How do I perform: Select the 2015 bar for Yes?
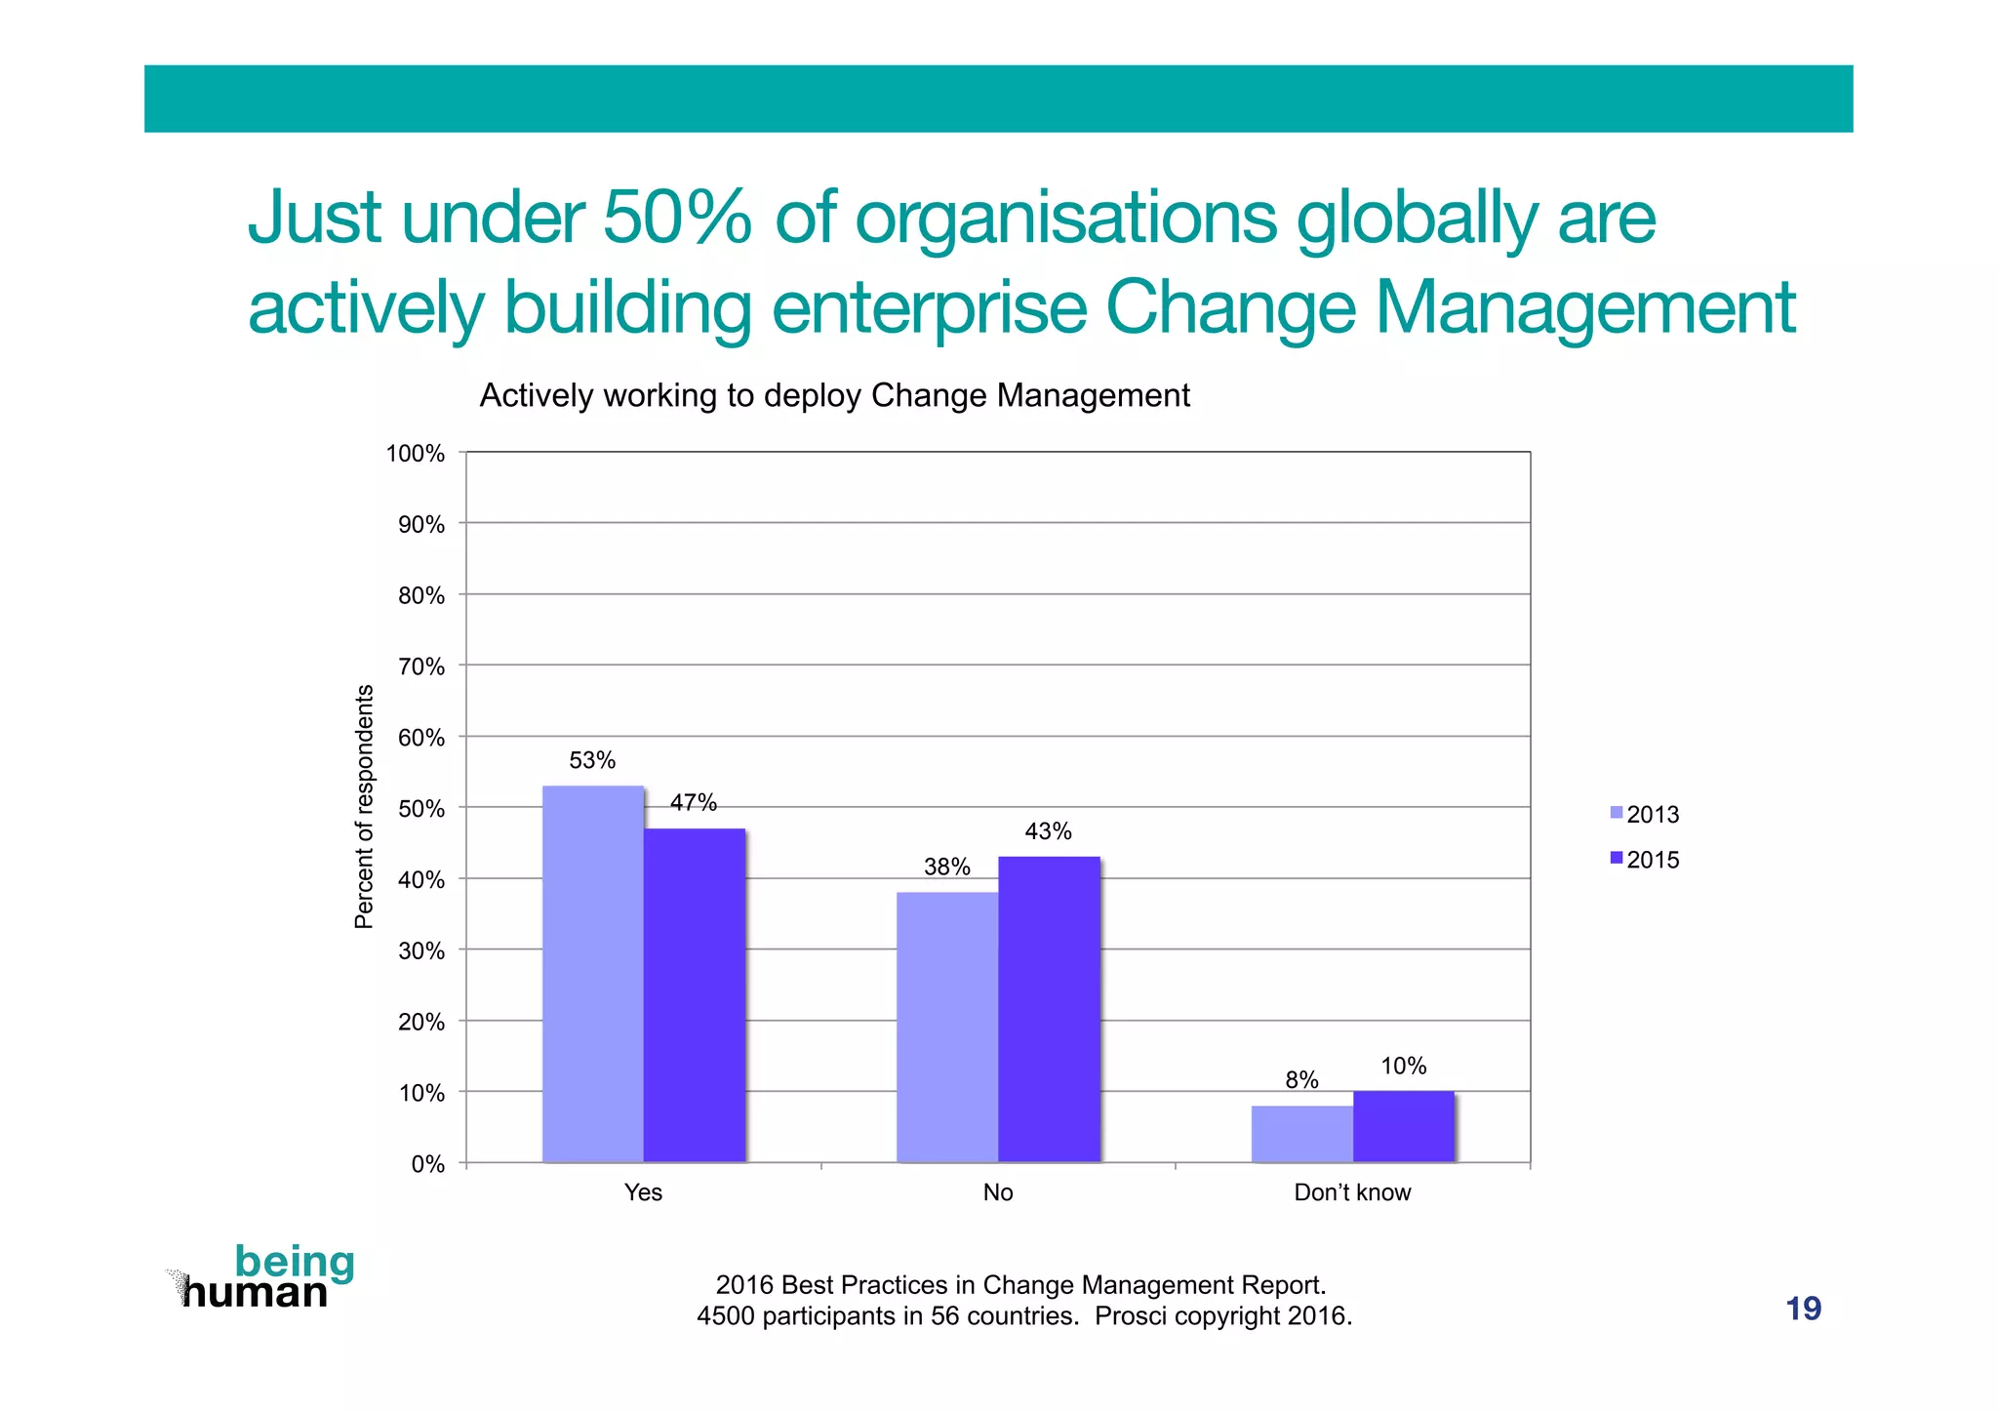(694, 995)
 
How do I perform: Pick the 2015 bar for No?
(1049, 1009)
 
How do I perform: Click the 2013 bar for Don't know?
(1301, 1134)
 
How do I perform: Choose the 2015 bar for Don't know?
(1403, 1126)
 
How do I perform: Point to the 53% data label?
(592, 760)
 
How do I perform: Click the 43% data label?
(1048, 831)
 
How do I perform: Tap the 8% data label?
(1301, 1079)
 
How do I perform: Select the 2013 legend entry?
(1645, 814)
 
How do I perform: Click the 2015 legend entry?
(1645, 860)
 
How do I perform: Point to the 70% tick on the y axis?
(421, 666)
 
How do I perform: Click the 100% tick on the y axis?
(416, 454)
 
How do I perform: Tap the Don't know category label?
(1352, 1192)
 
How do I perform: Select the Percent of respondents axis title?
(364, 806)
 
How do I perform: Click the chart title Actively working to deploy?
(834, 395)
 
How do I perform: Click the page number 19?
(1803, 1309)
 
